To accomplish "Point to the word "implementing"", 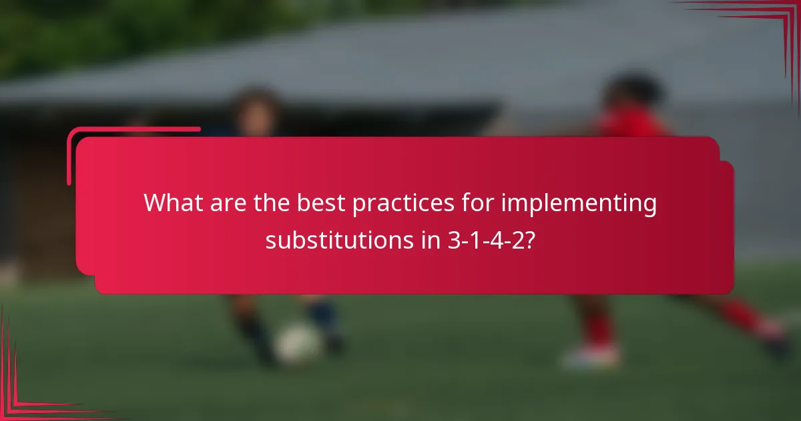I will click(579, 203).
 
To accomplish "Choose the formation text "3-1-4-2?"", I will click(491, 240).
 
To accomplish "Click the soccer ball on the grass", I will click(297, 343).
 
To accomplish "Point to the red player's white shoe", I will click(591, 356).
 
